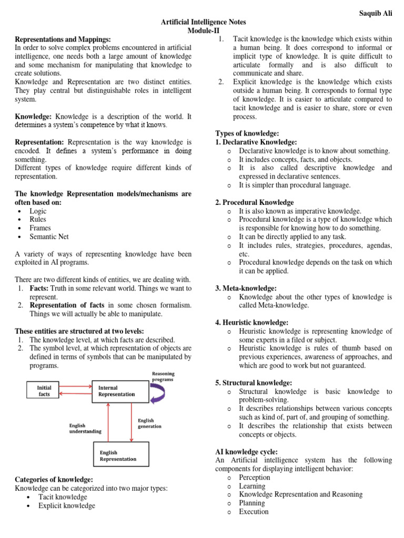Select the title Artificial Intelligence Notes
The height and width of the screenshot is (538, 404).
[203, 22]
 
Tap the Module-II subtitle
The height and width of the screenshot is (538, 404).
[203, 31]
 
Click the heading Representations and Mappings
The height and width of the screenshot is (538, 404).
[63, 39]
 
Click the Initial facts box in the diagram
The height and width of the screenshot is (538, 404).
[44, 390]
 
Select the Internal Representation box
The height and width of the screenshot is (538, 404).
[120, 391]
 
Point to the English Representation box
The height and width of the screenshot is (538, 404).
[121, 456]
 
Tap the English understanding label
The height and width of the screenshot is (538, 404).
[85, 428]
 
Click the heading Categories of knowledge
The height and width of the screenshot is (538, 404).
[54, 480]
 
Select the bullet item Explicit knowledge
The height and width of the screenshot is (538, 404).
[67, 505]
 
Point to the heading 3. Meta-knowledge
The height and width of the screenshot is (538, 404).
[246, 288]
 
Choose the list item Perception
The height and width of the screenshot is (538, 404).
[255, 477]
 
